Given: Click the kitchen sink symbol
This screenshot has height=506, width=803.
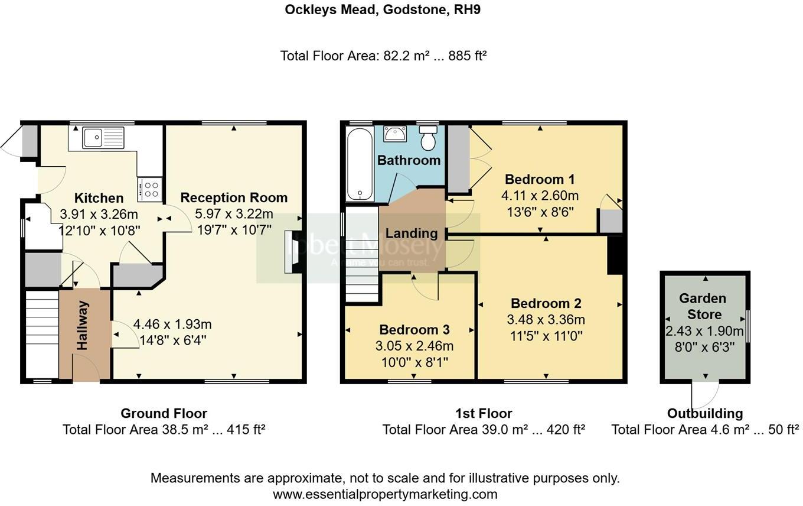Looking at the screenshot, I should click(x=103, y=137).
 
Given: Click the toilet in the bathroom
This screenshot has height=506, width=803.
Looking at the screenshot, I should click(x=427, y=138).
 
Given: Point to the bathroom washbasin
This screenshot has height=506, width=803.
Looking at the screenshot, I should click(x=394, y=134).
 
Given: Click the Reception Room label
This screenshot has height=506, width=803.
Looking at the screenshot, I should click(x=234, y=197).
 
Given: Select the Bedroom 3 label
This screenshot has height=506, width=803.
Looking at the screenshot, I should click(x=414, y=329).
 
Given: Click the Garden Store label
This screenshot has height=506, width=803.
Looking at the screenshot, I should click(x=703, y=306).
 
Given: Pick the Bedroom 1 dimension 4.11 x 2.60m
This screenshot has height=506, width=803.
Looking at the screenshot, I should click(x=540, y=195).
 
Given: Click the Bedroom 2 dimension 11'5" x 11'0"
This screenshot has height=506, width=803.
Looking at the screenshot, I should click(x=546, y=336).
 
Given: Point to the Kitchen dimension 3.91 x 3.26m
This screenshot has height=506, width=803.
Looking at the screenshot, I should click(x=99, y=214).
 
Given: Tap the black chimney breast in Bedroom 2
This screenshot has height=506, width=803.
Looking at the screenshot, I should click(x=615, y=255).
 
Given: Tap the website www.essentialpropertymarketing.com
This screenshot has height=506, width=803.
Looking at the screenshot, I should click(x=385, y=494).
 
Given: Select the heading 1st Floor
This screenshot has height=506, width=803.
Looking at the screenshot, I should click(x=484, y=413).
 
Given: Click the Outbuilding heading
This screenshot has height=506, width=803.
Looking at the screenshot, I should click(x=705, y=413).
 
